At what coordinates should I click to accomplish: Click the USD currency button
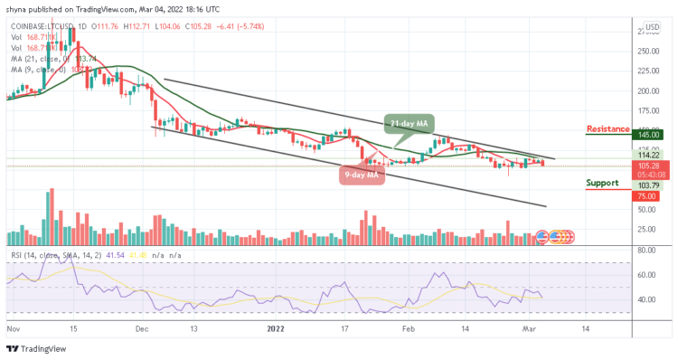[x=650, y=27]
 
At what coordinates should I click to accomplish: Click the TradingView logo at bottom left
[x=31, y=348]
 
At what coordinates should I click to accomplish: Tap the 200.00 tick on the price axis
[x=648, y=91]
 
